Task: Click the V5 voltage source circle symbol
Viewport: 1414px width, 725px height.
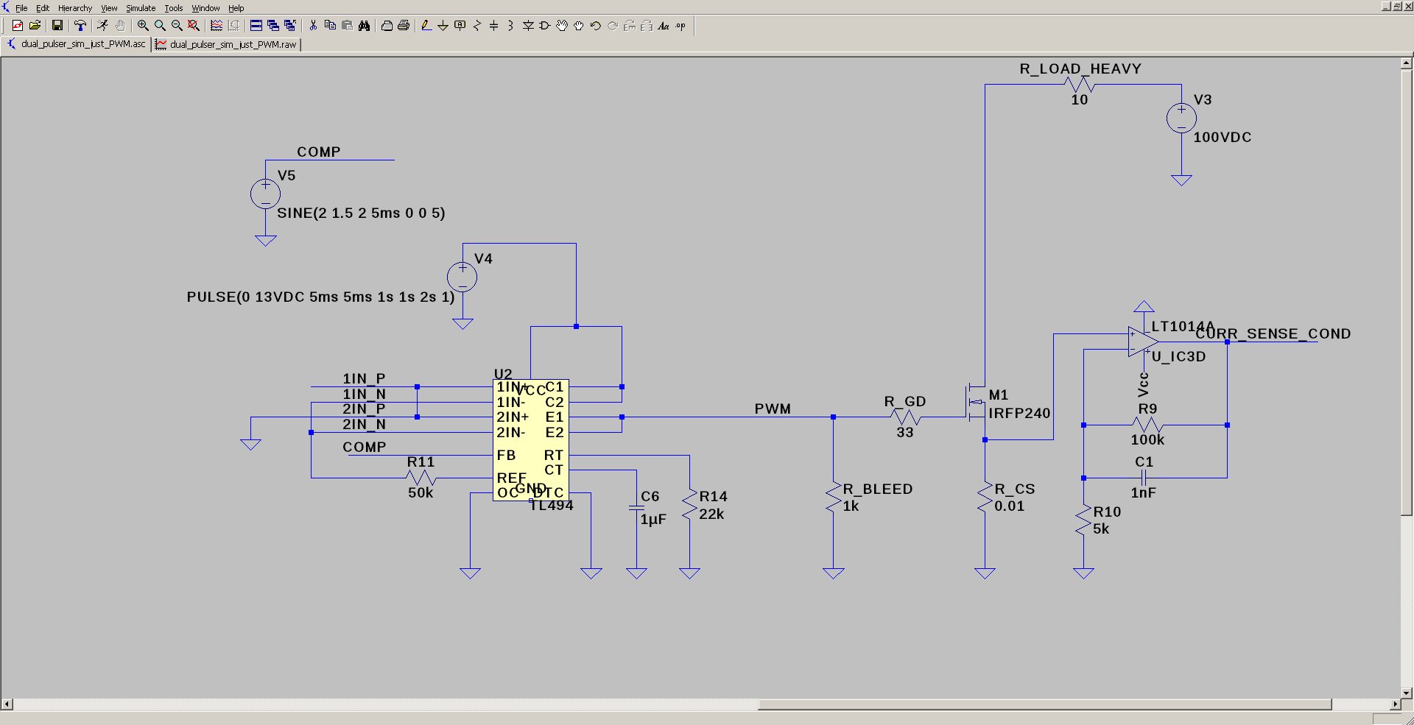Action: point(265,194)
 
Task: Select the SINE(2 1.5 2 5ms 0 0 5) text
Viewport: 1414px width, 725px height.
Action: point(361,213)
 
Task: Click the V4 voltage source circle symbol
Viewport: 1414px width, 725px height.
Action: point(462,277)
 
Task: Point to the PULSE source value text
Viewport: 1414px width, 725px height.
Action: point(320,297)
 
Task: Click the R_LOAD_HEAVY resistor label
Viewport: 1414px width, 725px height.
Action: point(1080,69)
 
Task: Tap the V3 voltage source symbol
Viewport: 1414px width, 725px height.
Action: point(1181,119)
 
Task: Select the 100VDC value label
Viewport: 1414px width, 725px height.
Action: point(1222,138)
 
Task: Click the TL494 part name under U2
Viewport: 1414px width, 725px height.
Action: point(551,506)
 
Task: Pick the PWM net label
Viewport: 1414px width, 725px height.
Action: point(772,409)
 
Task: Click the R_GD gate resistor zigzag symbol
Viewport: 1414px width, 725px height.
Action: point(905,417)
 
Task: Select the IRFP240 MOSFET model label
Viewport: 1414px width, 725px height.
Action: point(1019,414)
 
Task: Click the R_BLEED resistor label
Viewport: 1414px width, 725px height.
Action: point(877,489)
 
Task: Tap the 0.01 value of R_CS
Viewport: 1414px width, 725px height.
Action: point(1009,506)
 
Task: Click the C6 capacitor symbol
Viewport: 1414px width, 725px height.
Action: point(636,508)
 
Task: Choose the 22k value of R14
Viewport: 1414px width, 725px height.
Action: point(711,514)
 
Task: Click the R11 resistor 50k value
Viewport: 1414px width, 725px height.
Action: point(421,493)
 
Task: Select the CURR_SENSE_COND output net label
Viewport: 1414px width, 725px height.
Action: point(1273,334)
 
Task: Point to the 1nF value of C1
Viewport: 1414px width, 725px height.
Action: point(1143,493)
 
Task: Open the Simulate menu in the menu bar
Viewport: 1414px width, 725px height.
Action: point(140,8)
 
